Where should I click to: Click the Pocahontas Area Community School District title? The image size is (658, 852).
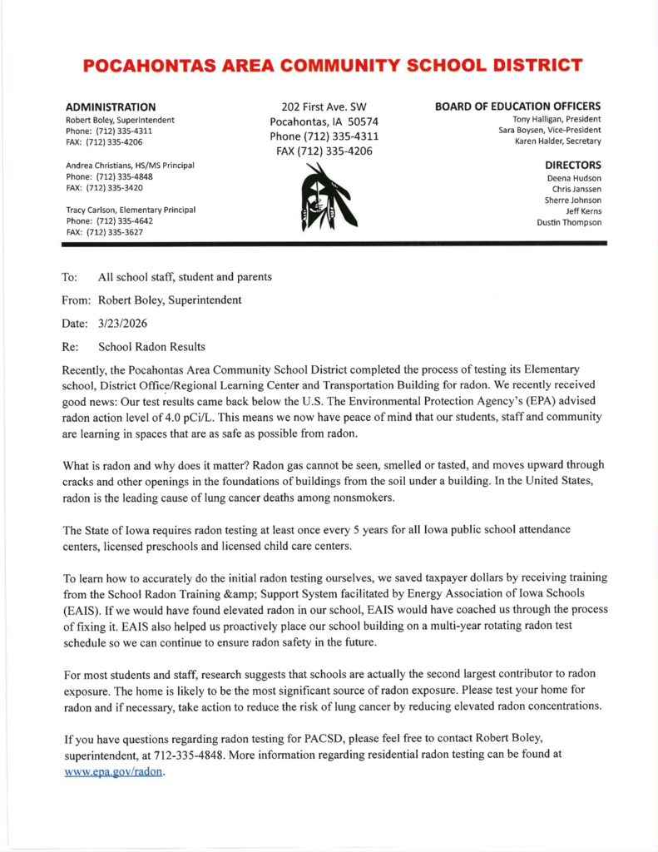(332, 66)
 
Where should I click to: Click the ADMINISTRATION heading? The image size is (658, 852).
(111, 107)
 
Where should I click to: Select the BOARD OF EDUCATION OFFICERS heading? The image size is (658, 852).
(517, 106)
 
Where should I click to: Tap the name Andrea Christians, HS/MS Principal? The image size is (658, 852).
(130, 166)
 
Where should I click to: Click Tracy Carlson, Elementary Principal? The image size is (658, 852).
(131, 210)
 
